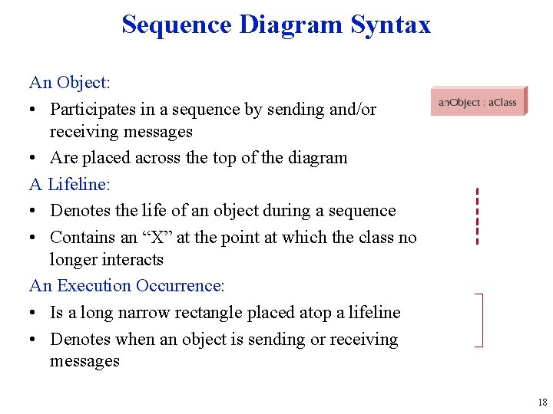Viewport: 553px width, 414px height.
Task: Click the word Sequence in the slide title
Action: pos(177,25)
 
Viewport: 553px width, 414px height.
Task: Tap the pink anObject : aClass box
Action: pos(478,101)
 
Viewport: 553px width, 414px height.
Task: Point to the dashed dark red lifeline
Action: pos(477,216)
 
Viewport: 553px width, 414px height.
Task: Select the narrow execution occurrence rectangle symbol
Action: pos(480,320)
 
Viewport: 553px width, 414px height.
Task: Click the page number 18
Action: pos(542,402)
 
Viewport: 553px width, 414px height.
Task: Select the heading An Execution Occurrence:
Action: pos(127,286)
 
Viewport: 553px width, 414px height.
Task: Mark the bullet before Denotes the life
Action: pos(35,211)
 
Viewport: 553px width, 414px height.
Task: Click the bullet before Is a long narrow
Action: pos(35,313)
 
